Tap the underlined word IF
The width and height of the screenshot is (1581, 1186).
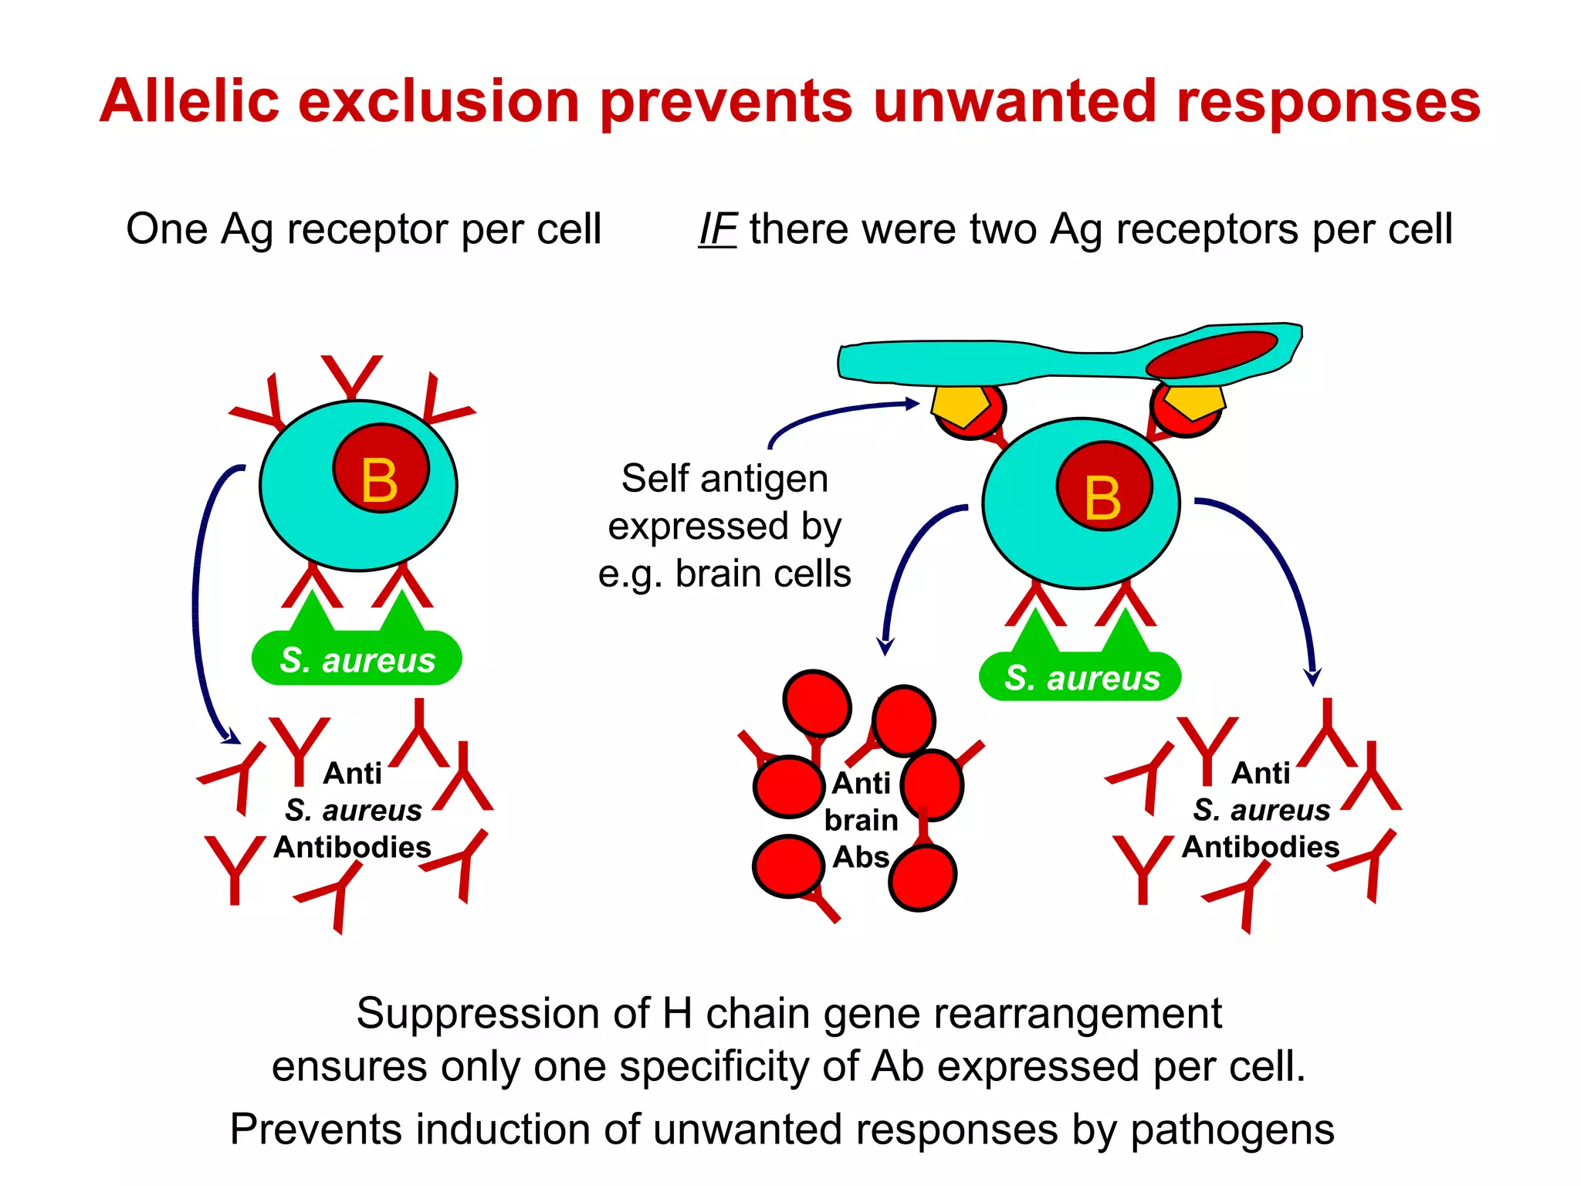click(717, 229)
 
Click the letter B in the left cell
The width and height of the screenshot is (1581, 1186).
click(379, 480)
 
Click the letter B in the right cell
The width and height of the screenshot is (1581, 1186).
click(1102, 498)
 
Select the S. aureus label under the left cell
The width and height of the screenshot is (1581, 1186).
click(357, 660)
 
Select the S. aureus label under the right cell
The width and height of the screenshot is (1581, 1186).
click(1082, 678)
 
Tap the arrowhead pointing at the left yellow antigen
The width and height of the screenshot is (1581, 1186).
click(912, 403)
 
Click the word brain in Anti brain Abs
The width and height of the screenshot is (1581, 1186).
click(861, 820)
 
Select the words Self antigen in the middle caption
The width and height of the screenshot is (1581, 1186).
click(724, 479)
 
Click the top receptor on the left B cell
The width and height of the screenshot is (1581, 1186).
click(352, 375)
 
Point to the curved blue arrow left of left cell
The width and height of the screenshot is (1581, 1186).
click(198, 602)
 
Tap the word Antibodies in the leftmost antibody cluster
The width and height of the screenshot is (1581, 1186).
click(352, 848)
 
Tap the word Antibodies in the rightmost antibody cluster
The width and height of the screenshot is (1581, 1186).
click(1261, 848)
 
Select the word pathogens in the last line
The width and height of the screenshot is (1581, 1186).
click(1232, 1129)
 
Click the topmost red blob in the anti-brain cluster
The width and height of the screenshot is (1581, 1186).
click(817, 703)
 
